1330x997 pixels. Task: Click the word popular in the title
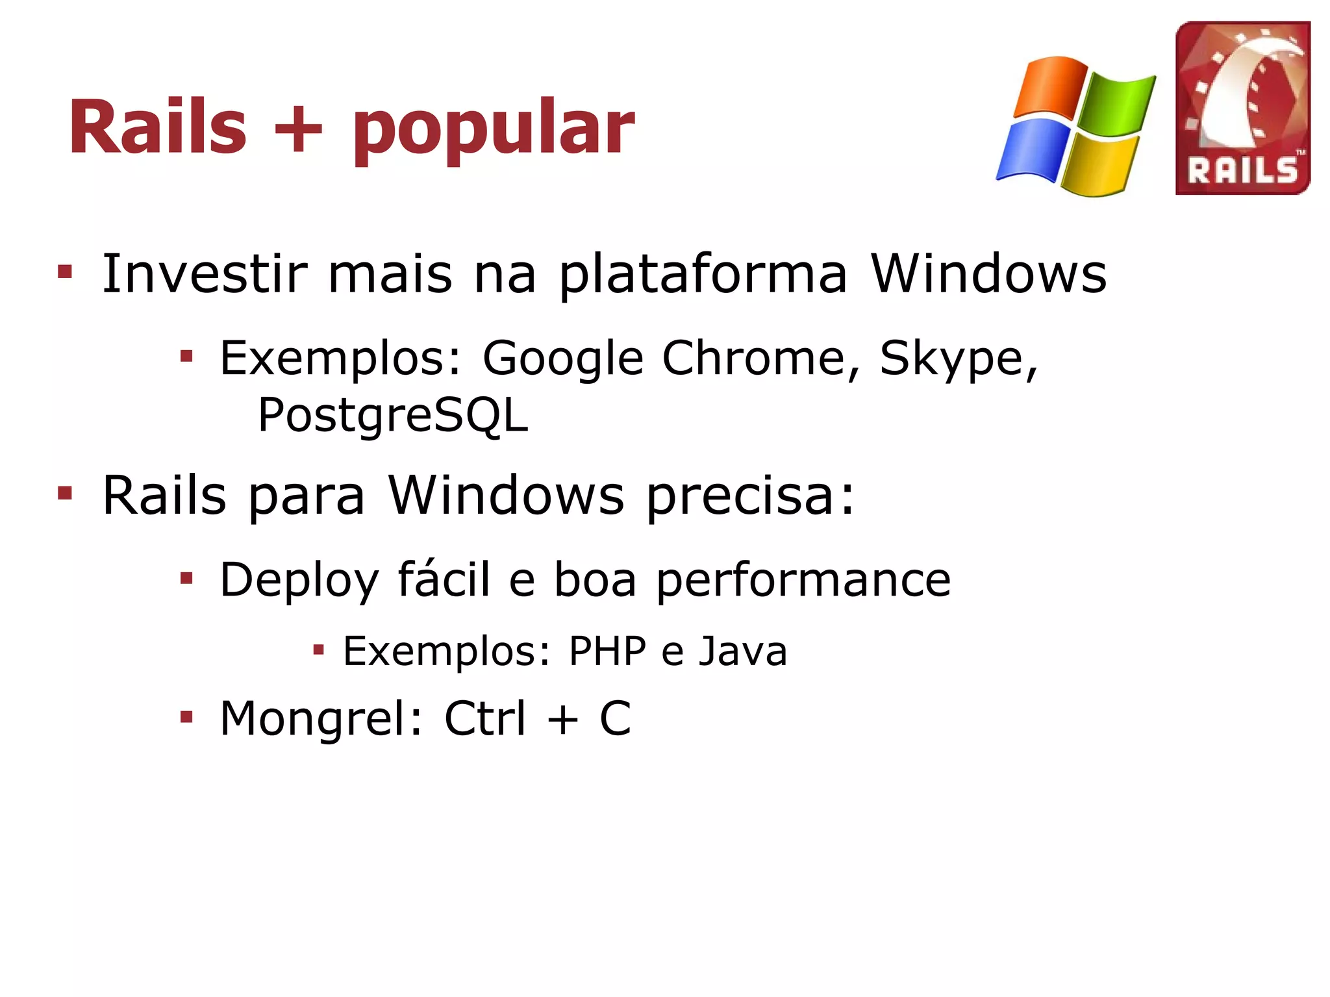(x=494, y=130)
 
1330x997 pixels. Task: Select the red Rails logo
(x=1242, y=108)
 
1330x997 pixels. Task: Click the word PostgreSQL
(x=393, y=416)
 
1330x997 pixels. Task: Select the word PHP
(x=607, y=651)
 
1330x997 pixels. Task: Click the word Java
(x=742, y=651)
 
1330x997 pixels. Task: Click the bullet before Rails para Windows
(x=65, y=494)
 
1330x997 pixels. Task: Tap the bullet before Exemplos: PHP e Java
(x=318, y=649)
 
